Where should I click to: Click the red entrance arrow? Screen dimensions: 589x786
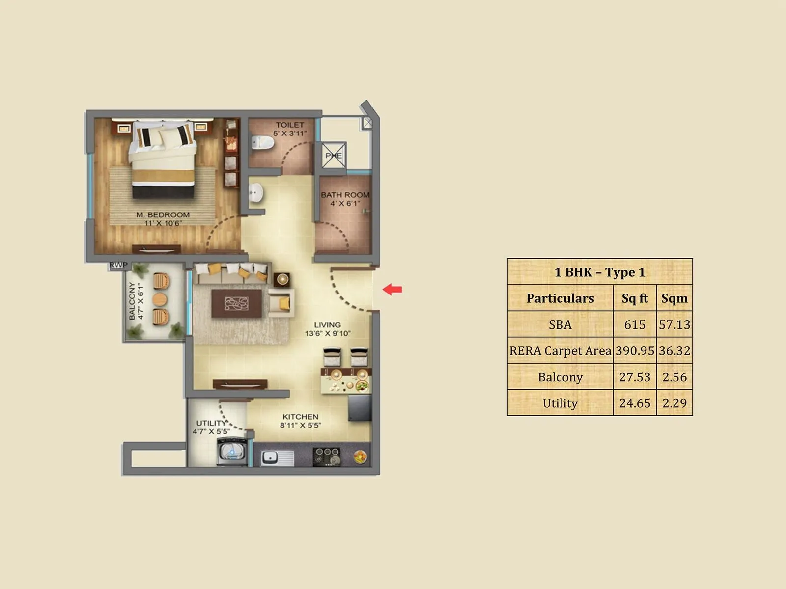[392, 290]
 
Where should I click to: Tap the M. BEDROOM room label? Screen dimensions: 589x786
[163, 215]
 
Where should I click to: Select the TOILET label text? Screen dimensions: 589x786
[290, 125]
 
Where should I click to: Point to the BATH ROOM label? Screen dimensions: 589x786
[345, 195]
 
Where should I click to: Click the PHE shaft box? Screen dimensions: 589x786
[334, 156]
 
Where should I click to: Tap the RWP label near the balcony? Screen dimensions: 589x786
[118, 265]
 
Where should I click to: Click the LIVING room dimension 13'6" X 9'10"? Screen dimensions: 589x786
[328, 334]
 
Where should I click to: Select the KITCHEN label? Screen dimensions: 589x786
[300, 417]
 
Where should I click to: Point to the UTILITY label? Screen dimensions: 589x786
[211, 423]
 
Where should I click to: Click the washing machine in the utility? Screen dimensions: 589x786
[231, 452]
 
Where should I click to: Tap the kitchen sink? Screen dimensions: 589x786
[270, 457]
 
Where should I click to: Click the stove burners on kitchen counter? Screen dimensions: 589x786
[326, 456]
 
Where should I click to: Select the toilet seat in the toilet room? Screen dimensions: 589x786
[262, 142]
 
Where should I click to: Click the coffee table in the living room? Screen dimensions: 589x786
[237, 303]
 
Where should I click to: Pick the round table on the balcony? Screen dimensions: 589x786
[160, 299]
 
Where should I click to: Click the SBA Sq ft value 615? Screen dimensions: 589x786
[635, 324]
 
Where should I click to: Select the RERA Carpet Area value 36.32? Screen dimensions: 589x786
[674, 350]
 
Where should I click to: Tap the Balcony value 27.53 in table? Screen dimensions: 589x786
[635, 377]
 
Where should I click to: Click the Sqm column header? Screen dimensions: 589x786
[674, 298]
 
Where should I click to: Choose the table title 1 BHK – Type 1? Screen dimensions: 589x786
[600, 272]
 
